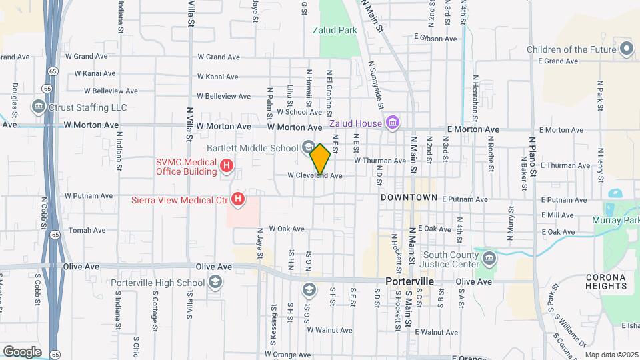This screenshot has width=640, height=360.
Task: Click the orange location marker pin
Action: pos(320,159)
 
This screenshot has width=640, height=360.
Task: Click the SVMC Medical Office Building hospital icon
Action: pos(227,165)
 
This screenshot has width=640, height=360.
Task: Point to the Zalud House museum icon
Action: pos(393,123)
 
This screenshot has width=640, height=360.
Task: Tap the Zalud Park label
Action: pos(335,30)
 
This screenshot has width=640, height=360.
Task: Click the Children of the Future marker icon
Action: pos(626,49)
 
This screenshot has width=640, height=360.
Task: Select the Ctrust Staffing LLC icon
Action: pos(39,107)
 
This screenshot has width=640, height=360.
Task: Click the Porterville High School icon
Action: pos(215,283)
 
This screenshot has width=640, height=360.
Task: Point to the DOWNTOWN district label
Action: pos(409,198)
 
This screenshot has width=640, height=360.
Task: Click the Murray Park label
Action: pos(615,220)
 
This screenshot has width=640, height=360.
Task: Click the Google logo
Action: pos(22,351)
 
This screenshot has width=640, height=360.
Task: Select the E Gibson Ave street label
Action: pos(435,39)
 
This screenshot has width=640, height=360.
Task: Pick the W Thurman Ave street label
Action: pos(379,161)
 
